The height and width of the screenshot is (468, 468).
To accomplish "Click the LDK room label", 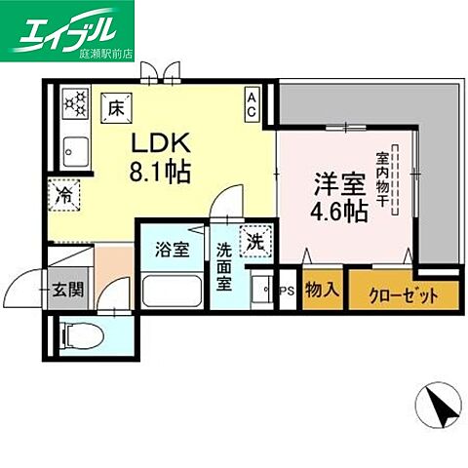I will click(x=156, y=143).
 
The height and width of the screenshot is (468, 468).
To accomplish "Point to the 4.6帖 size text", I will click(x=340, y=210).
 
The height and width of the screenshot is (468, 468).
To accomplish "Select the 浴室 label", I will click(x=173, y=250).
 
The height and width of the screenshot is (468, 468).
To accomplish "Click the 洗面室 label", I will click(x=223, y=263).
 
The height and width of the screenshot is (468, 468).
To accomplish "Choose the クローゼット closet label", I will click(x=400, y=294).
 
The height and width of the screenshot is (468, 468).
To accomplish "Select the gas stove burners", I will click(x=74, y=105).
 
